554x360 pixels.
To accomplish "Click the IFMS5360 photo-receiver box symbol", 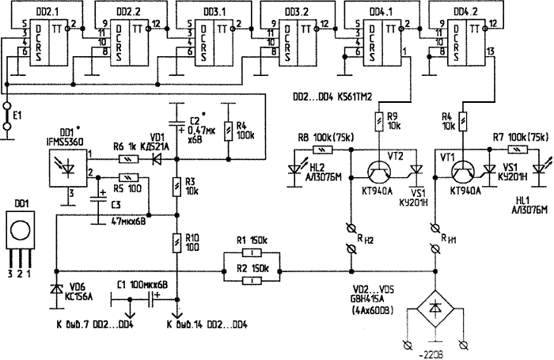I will click(x=68, y=162).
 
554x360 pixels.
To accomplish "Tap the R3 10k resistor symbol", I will click(x=176, y=186).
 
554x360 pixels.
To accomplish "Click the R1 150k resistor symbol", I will click(x=251, y=255).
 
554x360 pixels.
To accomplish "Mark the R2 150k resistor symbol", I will click(x=251, y=278).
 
